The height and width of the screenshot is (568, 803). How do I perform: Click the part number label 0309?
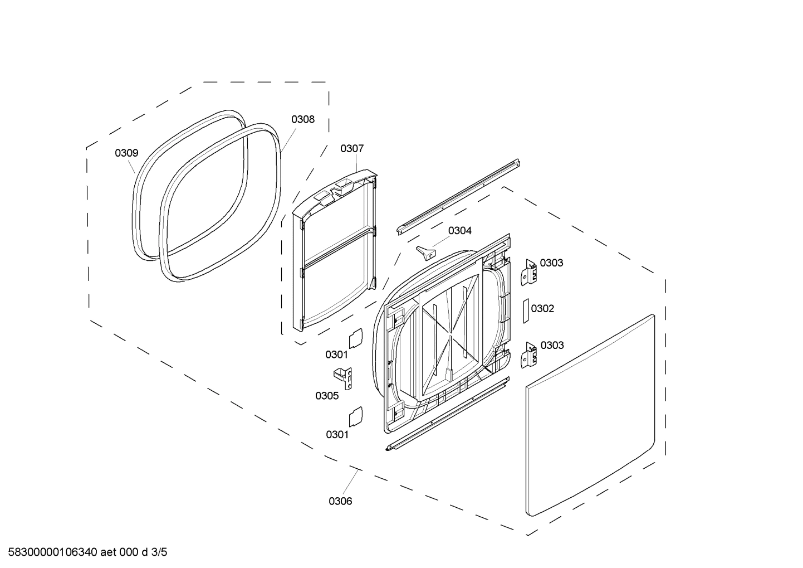(x=126, y=153)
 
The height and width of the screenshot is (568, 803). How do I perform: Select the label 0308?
(x=303, y=119)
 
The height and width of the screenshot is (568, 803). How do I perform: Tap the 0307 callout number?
(x=352, y=149)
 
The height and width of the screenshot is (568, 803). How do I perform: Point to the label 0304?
(x=460, y=231)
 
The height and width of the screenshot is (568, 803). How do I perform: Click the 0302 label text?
(x=542, y=309)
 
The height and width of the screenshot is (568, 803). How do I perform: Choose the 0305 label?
(x=327, y=396)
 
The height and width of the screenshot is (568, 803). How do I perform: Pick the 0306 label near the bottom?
(x=340, y=501)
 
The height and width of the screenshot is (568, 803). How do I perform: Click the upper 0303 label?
(x=551, y=263)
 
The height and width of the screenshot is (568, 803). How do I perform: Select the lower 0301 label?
(x=337, y=435)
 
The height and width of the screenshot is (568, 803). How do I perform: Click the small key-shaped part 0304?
(x=425, y=252)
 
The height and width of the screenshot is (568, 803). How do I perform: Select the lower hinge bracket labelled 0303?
(x=529, y=355)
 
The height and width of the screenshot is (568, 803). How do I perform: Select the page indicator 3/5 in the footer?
(x=159, y=552)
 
